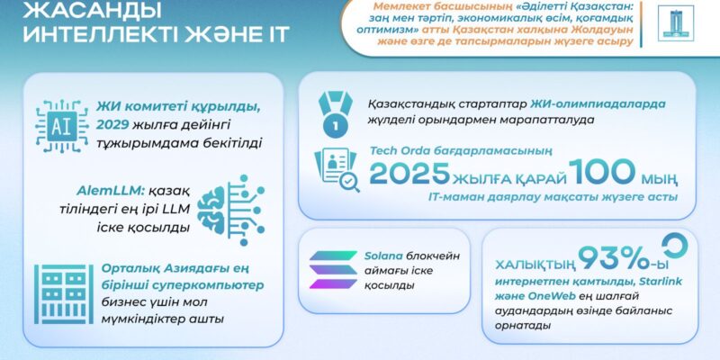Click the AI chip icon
click(62, 126)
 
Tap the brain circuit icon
click(231, 210)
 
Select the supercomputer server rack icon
click(63, 294)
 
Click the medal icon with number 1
click(335, 114)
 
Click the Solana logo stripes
click(333, 269)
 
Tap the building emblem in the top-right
click(675, 23)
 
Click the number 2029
click(114, 125)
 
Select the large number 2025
click(409, 173)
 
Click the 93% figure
click(617, 259)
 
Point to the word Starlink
click(655, 281)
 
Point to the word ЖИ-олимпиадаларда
click(598, 104)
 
